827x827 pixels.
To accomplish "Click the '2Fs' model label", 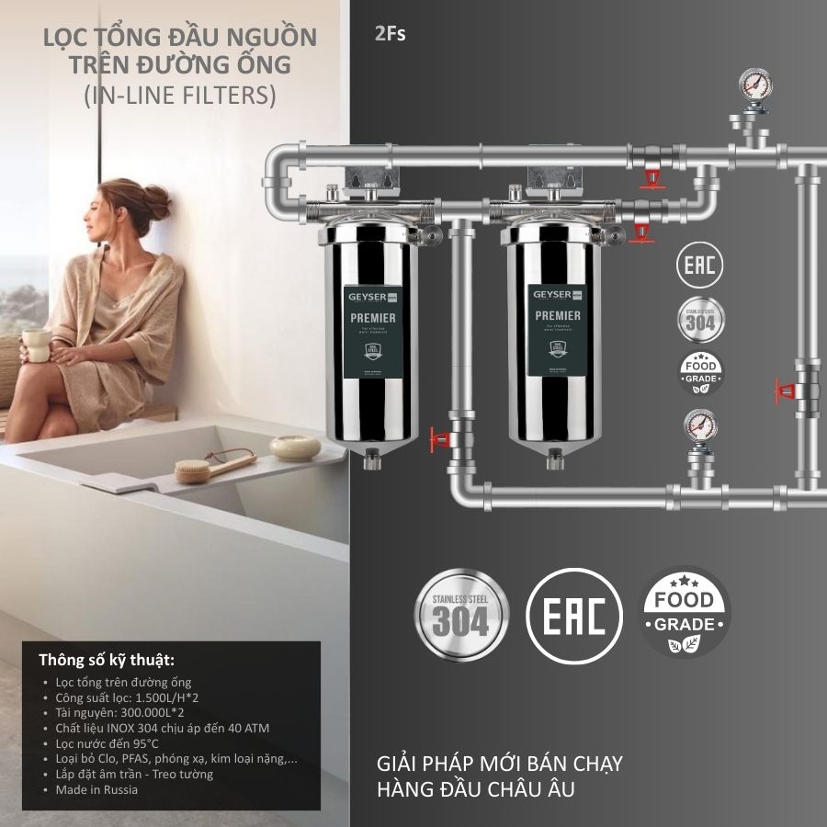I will point(390,35).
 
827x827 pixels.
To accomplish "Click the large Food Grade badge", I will point(684,613).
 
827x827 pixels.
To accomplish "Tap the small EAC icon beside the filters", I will point(700,266).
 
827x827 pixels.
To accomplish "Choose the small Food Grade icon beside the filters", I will point(700,373).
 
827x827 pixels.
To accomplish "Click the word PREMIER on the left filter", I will point(373,318).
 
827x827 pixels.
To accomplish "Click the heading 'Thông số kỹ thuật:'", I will point(107,660).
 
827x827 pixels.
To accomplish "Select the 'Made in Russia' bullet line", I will point(96,789).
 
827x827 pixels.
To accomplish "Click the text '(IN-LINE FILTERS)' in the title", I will point(179,95).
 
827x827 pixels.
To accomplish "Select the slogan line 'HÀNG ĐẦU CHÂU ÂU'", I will point(476,788).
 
